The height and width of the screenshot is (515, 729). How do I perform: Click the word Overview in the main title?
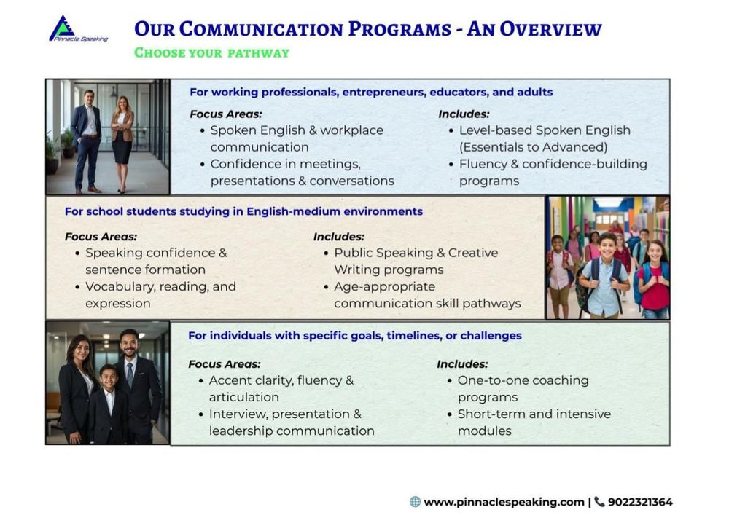coord(550,29)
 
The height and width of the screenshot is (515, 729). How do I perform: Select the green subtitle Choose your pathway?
coord(211,53)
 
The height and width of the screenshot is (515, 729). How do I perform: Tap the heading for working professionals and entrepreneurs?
coord(371,92)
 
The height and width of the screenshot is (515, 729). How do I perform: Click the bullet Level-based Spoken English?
coord(545,138)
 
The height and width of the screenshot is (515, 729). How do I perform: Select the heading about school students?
coord(243,211)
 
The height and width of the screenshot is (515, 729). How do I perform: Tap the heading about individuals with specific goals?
coord(355,335)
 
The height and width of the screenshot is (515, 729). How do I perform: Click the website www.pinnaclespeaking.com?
coord(504,502)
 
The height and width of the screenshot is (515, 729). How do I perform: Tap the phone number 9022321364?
coord(640,502)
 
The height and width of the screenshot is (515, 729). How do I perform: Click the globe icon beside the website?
coord(416,502)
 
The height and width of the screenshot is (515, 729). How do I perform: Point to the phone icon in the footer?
coord(600,502)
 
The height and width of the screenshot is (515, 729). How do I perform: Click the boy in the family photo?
coord(109,404)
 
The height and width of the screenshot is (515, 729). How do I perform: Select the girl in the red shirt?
coord(655,280)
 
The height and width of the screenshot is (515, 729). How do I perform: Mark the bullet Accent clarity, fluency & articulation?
coord(281,389)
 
